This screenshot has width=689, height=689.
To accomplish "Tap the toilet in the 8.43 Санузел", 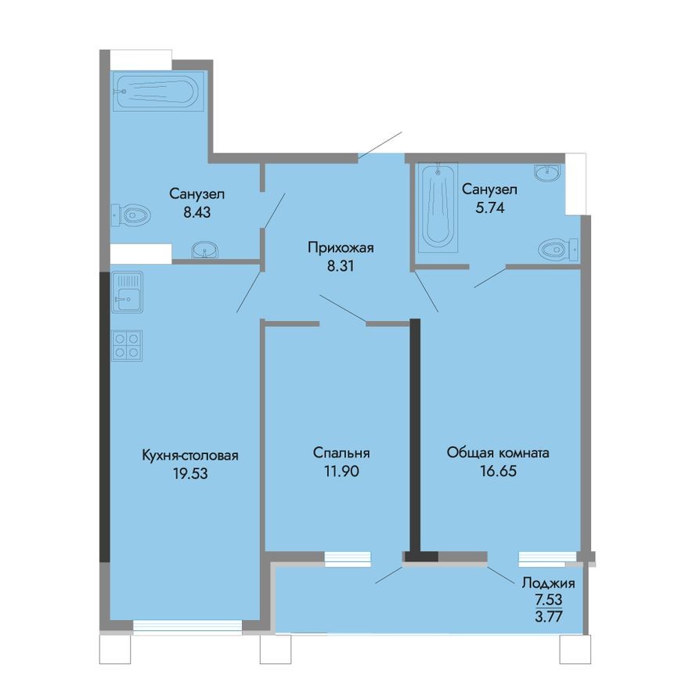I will [131, 214].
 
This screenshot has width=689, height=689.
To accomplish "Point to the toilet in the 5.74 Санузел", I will [557, 250].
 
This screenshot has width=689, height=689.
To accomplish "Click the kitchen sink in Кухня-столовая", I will [127, 291].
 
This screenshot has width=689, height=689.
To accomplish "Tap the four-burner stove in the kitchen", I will [128, 344].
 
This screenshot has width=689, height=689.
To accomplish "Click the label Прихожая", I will [341, 248].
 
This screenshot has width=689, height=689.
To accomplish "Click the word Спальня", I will [341, 453].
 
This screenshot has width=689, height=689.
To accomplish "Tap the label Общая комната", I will [498, 453].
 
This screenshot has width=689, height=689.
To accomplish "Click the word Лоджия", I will [549, 583].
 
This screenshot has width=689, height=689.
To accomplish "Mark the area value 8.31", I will [341, 266].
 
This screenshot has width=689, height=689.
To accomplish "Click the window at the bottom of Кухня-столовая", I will [187, 625].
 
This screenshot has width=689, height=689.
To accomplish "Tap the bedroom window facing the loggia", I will [348, 557].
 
